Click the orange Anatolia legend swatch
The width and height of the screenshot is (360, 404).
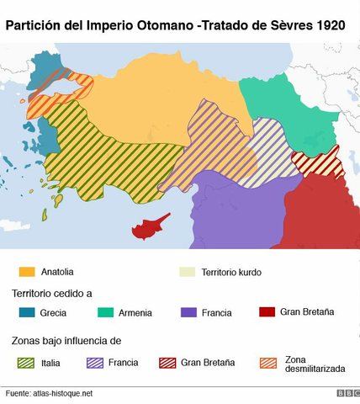tap(27, 272)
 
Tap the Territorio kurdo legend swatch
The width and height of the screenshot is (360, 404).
tap(187, 272)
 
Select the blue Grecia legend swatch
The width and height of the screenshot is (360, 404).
tap(27, 312)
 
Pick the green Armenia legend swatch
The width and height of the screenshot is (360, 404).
tap(106, 312)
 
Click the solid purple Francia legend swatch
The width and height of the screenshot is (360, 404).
tap(188, 312)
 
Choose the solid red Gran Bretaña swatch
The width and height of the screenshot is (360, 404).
tap(267, 312)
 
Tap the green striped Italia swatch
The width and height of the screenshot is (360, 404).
tap(27, 363)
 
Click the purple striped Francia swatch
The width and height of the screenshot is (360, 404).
tap(95, 363)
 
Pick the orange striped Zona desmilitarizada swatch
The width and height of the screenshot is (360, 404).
tap(267, 363)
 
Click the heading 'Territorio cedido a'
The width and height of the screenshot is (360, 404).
tap(51, 293)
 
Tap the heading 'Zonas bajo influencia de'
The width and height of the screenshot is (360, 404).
tap(66, 341)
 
